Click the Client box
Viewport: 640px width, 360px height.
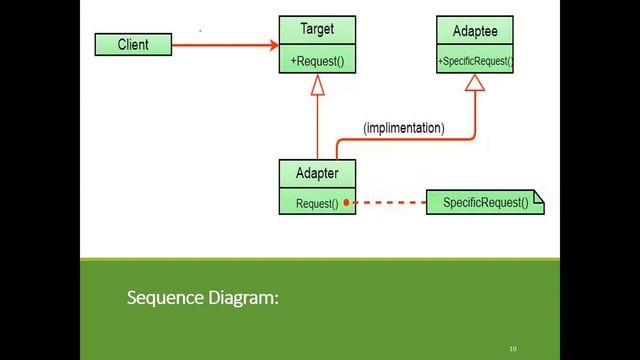tap(133, 45)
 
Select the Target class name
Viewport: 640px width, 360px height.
tap(317, 31)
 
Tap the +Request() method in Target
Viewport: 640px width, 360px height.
tap(317, 61)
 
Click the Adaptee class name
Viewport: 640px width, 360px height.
tap(475, 31)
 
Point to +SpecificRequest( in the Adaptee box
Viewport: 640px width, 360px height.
tap(475, 61)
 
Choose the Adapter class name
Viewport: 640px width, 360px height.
tap(317, 173)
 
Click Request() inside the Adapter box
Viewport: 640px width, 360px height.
tap(317, 204)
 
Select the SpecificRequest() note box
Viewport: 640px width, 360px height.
tap(484, 203)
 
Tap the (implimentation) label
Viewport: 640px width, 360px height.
tap(404, 128)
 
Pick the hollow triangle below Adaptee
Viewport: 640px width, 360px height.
tap(474, 84)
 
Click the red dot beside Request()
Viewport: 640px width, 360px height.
tap(347, 203)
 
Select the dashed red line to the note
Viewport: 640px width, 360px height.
tap(390, 203)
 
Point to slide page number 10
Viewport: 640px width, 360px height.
tap(513, 349)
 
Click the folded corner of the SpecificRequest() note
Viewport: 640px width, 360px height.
tap(539, 197)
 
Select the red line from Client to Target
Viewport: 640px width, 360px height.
tap(220, 45)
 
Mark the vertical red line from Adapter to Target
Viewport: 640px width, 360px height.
tap(317, 125)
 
